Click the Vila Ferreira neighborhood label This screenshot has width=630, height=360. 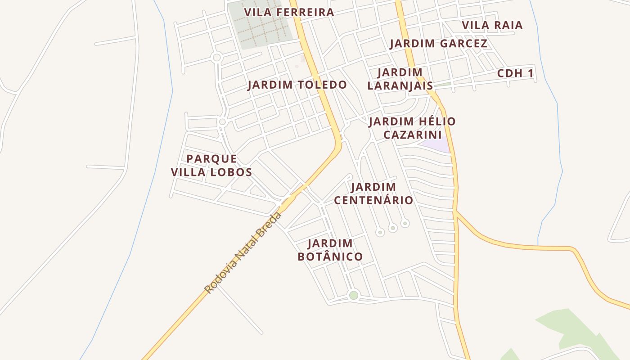pyautogui.click(x=289, y=13)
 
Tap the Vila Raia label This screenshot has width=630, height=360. pyautogui.click(x=492, y=26)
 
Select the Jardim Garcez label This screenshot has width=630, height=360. pyautogui.click(x=438, y=44)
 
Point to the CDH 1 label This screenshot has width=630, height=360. pyautogui.click(x=515, y=74)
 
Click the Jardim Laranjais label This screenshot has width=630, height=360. pyautogui.click(x=400, y=79)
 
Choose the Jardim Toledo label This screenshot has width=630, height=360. pyautogui.click(x=297, y=85)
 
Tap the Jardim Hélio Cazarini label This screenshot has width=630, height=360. pyautogui.click(x=412, y=128)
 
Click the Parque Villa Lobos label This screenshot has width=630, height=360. pyautogui.click(x=211, y=166)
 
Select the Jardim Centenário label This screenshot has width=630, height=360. pyautogui.click(x=373, y=193)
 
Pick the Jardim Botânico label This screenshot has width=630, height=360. pyautogui.click(x=330, y=250)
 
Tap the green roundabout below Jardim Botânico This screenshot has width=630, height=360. pyautogui.click(x=354, y=295)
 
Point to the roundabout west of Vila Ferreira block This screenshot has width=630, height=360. pyautogui.click(x=217, y=58)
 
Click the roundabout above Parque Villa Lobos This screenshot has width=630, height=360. pyautogui.click(x=222, y=122)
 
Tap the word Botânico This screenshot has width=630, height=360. pyautogui.click(x=330, y=257)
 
